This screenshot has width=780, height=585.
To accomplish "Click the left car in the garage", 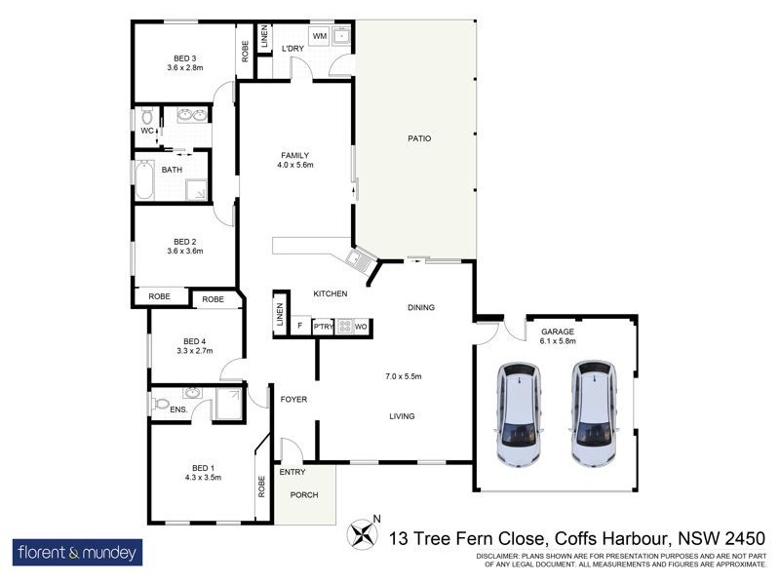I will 519,413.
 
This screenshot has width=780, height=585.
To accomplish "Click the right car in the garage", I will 594,413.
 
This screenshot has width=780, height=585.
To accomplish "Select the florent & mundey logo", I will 77,553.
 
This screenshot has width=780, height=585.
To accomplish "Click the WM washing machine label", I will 319,36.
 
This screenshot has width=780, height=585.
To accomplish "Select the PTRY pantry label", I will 323,327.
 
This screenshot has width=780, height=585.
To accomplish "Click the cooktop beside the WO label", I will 344,327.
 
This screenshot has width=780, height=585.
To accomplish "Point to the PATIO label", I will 418,138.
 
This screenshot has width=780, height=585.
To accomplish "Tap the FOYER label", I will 293,400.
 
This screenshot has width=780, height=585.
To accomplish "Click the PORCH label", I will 303,494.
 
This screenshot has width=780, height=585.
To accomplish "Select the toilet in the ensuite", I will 162,402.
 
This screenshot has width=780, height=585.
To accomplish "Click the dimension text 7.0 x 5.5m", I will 402,375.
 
